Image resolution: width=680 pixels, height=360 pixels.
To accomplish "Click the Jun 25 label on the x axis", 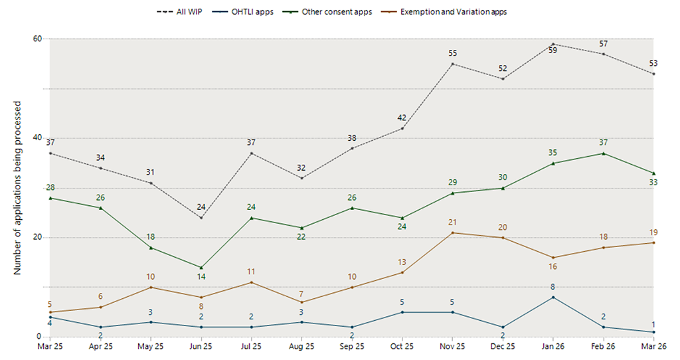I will (201, 346).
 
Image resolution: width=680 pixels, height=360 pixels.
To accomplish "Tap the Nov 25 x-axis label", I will (452, 346).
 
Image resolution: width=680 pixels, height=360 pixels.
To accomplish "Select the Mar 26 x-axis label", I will (653, 346).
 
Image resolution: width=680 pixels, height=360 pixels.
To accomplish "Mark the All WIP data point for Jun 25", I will (201, 218).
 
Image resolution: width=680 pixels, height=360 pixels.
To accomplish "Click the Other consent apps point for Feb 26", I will (603, 153).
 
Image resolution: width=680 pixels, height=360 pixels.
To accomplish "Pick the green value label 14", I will (201, 278).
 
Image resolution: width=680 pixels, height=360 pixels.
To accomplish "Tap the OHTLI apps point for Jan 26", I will (553, 297).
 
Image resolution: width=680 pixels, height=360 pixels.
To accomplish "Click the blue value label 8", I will (553, 287).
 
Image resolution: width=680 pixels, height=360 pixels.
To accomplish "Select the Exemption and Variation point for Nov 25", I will (452, 232).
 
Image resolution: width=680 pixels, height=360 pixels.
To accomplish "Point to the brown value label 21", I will (452, 223).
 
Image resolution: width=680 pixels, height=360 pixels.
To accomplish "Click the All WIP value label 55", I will (452, 53).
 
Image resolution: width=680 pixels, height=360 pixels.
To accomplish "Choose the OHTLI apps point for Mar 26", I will (653, 332).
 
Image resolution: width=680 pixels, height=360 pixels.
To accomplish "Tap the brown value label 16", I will (553, 267).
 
